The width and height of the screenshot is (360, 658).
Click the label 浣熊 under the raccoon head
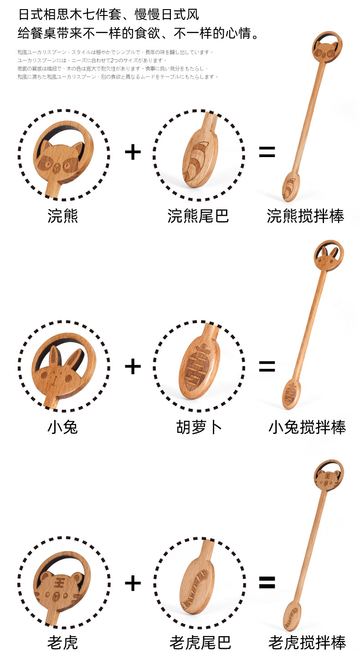pyautogui.click(x=62, y=216)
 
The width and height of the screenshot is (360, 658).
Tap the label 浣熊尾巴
pyautogui.click(x=198, y=216)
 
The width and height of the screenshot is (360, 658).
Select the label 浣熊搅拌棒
pyautogui.click(x=305, y=216)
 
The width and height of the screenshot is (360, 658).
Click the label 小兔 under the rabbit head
pyautogui.click(x=62, y=427)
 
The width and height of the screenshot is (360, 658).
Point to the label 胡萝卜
pyautogui.click(x=199, y=427)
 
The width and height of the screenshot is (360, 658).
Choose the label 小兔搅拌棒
pyautogui.click(x=307, y=427)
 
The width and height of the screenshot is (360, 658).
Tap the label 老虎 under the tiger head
pyautogui.click(x=62, y=643)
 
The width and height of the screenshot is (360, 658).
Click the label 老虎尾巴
pyautogui.click(x=200, y=643)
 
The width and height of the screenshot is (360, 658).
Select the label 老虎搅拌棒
pyautogui.click(x=307, y=643)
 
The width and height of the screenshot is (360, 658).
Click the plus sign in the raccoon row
pyautogui.click(x=133, y=153)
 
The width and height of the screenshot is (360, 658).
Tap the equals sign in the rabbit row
pyautogui.click(x=267, y=366)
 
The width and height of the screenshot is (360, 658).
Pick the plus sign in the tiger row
pyautogui.click(x=133, y=583)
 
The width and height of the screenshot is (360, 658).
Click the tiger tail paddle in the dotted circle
pyautogui.click(x=197, y=587)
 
